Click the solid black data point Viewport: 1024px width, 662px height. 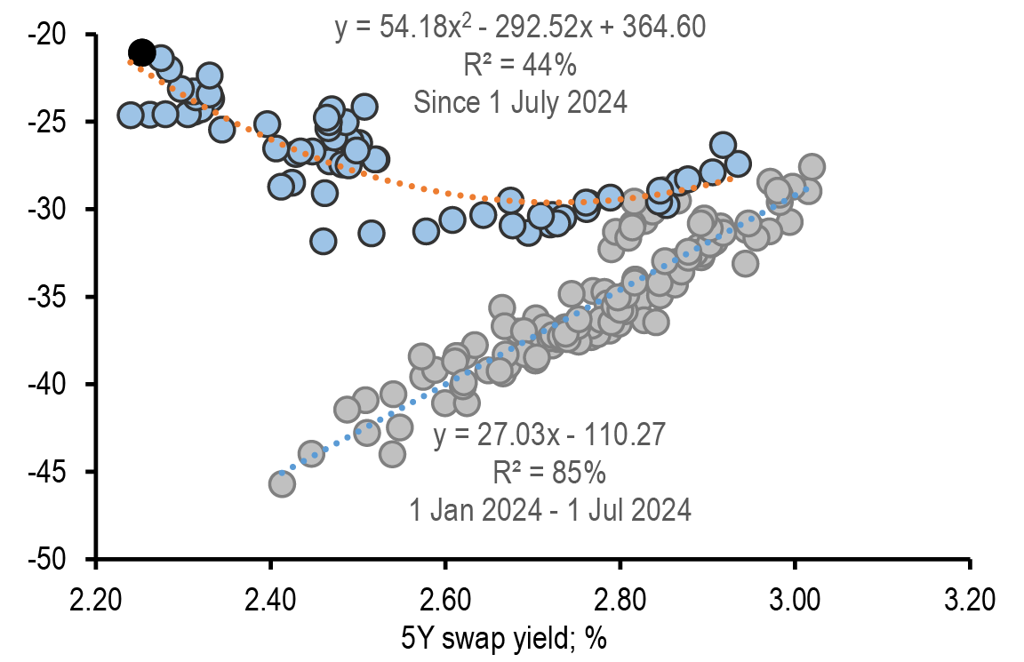(x=141, y=53)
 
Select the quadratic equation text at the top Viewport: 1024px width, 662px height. (x=520, y=28)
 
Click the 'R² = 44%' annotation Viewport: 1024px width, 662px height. (x=520, y=65)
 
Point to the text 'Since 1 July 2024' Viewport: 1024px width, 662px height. (x=520, y=102)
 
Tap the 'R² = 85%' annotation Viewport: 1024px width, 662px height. (x=549, y=473)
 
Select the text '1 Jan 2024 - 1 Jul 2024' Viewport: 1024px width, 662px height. (x=549, y=510)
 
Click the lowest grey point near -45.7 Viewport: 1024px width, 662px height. (x=282, y=483)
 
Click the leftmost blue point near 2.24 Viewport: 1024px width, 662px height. (x=131, y=116)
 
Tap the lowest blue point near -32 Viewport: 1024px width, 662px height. (x=323, y=241)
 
